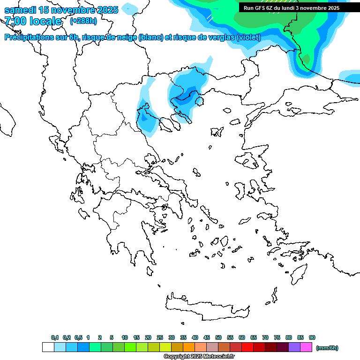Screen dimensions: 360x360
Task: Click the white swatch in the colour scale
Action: coord(48,347)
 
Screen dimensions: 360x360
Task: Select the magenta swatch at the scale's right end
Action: coord(306,347)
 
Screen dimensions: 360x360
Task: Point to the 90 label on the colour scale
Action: coord(312,337)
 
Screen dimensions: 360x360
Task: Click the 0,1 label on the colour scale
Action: coord(54,337)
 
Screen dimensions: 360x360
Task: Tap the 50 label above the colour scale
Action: coord(218,337)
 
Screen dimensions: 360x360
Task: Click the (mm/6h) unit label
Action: coord(327,348)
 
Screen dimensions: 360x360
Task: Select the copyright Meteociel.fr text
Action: coord(199,357)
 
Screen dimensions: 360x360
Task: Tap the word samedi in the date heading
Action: coord(21,10)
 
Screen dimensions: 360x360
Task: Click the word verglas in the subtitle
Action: coord(218,37)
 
